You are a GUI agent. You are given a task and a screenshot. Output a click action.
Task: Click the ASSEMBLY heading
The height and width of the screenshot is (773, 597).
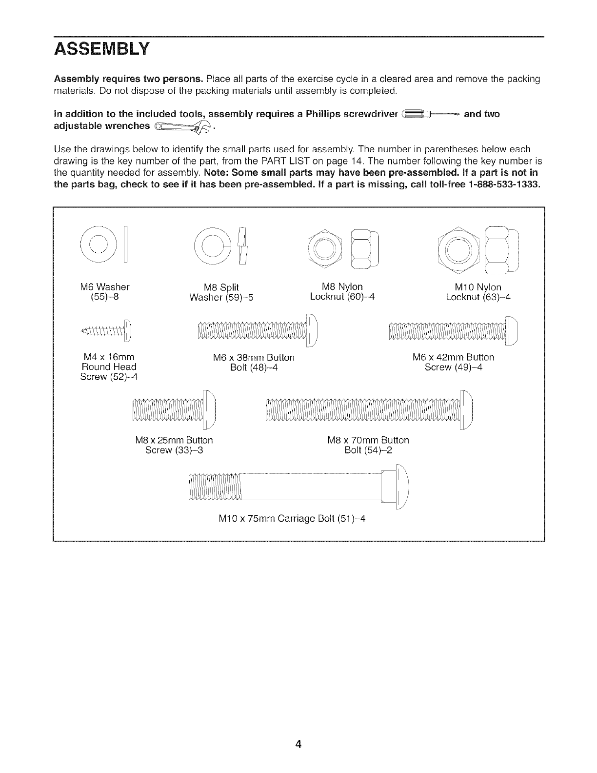[x=101, y=50]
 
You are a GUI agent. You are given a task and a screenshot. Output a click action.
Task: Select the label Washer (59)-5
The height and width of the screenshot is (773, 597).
[x=221, y=297]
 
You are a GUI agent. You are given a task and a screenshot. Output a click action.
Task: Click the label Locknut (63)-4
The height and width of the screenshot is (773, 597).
[x=478, y=297]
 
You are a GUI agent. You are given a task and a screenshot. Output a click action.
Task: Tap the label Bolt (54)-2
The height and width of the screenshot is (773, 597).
[x=368, y=450]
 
